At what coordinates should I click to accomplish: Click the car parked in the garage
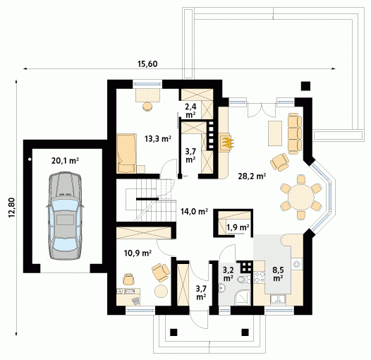(65, 216)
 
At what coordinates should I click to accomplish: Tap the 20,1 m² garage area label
(65, 161)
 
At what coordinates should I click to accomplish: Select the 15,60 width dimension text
(147, 64)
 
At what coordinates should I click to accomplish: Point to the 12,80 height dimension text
(12, 208)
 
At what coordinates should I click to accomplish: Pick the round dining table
(300, 197)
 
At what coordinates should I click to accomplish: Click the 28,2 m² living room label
(252, 176)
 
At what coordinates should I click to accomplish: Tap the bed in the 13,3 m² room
(126, 153)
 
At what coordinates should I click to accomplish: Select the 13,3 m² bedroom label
(158, 139)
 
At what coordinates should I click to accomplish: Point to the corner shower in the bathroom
(243, 297)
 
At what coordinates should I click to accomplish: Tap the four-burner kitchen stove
(260, 277)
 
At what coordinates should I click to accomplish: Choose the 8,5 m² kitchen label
(278, 274)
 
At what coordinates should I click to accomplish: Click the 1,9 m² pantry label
(238, 227)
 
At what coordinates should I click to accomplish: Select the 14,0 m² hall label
(194, 211)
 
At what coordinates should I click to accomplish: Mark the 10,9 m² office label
(138, 253)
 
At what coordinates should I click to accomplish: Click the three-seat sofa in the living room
(295, 133)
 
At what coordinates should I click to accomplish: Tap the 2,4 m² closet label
(190, 111)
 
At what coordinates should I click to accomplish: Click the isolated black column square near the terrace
(305, 86)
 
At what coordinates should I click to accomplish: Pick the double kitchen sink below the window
(278, 299)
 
